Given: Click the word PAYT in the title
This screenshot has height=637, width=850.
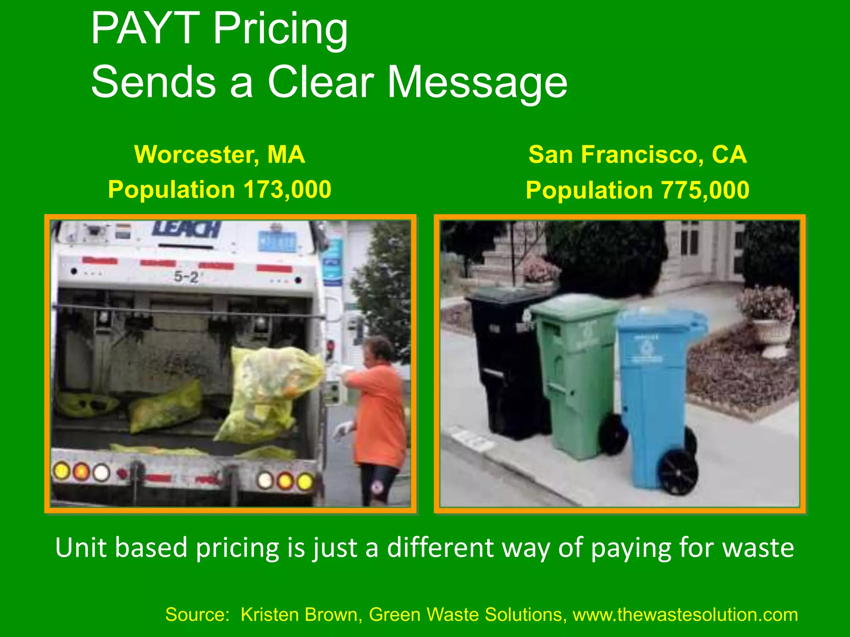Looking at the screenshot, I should [x=145, y=29].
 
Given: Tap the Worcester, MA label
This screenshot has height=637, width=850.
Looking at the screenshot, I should [x=220, y=155].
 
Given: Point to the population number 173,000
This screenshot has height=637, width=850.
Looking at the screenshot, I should [x=287, y=190].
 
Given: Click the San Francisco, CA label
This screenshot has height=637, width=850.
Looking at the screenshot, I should [x=637, y=155].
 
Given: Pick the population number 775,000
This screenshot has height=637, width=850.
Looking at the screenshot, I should [x=705, y=190].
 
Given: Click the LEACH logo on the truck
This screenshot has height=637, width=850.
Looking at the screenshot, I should [x=187, y=229].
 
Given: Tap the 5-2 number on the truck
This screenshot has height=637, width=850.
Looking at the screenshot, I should [x=186, y=277].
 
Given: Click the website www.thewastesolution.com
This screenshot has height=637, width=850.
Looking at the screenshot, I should [x=685, y=615].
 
